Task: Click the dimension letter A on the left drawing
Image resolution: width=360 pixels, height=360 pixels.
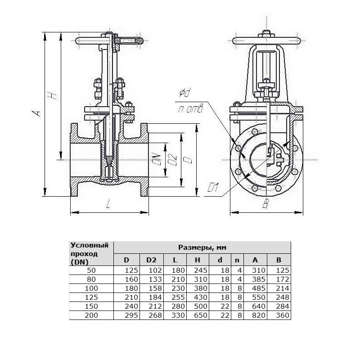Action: coord(36,113)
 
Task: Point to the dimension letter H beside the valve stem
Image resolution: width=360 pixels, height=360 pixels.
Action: coord(53,95)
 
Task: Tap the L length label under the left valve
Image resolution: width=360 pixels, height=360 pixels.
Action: coord(108,204)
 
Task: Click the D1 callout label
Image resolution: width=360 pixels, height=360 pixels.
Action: coord(213,188)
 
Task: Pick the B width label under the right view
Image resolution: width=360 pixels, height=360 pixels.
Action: coord(265,204)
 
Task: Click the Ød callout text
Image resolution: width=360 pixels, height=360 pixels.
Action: coord(185,93)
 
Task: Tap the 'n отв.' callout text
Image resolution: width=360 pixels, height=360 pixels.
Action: coord(190,109)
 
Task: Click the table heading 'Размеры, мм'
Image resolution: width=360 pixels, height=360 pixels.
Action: coord(202,247)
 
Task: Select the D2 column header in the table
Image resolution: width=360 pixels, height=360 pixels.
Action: coord(151,260)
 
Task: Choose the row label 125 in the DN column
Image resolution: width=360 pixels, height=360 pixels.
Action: coord(91,297)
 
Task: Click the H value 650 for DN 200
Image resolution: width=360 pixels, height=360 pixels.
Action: coord(200,315)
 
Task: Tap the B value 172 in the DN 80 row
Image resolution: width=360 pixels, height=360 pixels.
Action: coord(283,279)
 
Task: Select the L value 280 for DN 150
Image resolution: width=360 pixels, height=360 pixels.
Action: coord(178,306)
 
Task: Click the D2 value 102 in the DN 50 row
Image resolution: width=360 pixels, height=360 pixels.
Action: coord(155,270)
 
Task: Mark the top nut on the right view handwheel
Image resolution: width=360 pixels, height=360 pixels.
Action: coord(266,34)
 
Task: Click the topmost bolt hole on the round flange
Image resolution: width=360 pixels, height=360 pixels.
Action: coord(255,132)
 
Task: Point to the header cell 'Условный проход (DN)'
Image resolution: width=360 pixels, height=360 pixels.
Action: coord(90,254)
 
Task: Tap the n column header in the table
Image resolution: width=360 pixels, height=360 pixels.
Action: coord(237,260)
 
